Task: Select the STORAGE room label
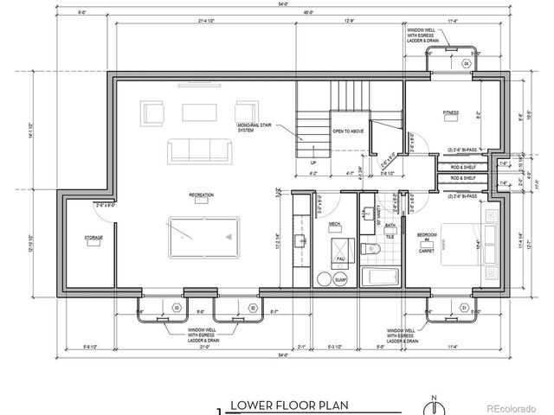click(93, 237)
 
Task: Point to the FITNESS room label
click(451, 112)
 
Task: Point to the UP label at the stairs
click(313, 162)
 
